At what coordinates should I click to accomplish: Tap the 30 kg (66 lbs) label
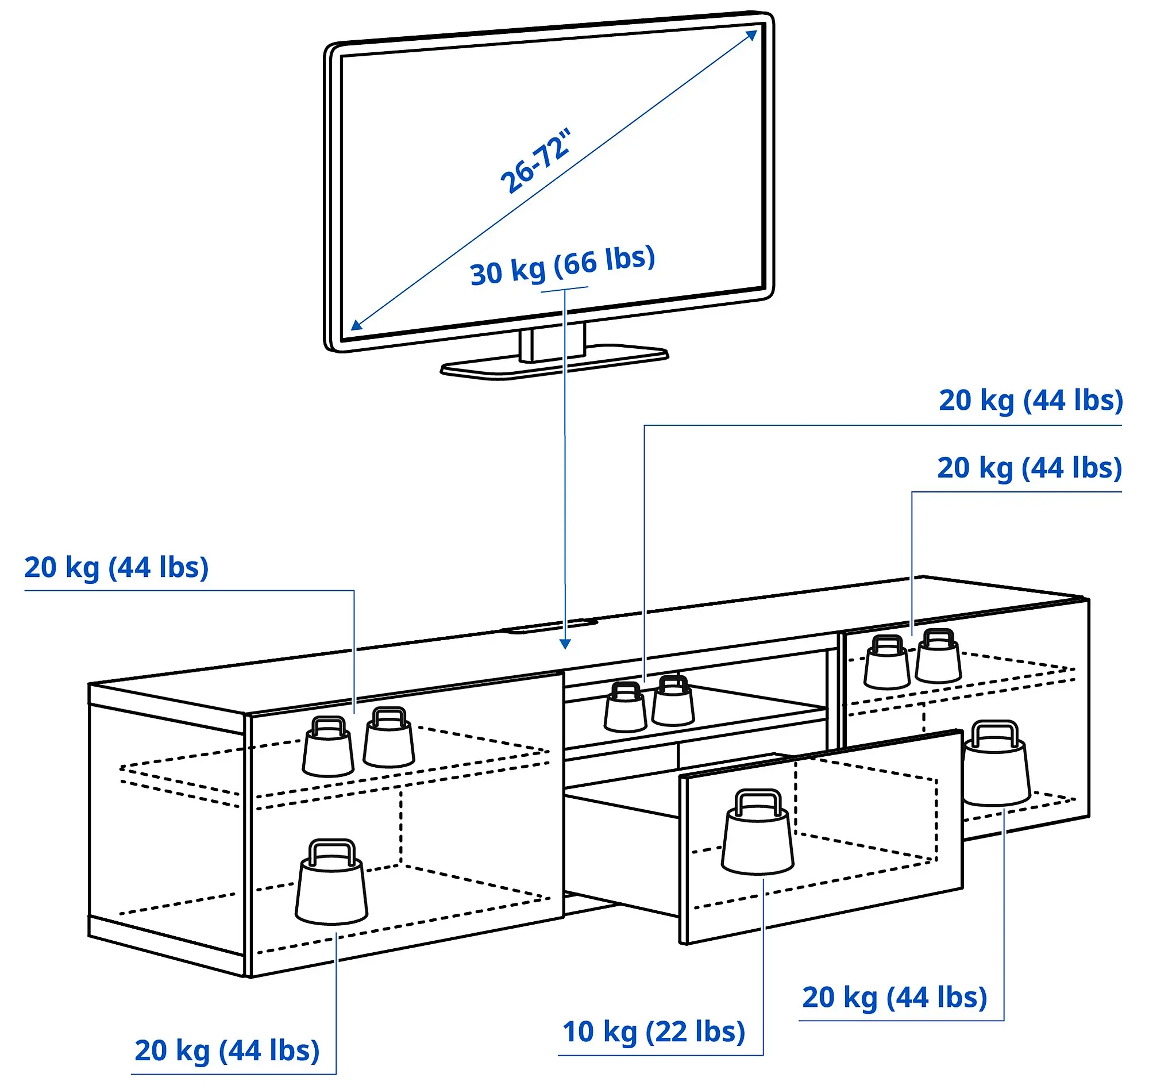(562, 267)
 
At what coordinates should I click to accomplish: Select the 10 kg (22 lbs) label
(653, 1032)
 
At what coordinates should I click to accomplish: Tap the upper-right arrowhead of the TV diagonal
(752, 35)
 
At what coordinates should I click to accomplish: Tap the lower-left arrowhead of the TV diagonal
(356, 325)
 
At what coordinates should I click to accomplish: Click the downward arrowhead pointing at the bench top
(565, 644)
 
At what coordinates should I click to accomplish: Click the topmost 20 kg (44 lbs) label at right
(1031, 401)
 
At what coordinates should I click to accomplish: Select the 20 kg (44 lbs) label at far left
(116, 568)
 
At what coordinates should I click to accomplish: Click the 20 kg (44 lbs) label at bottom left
(227, 1050)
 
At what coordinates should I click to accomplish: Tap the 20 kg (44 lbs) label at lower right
(894, 997)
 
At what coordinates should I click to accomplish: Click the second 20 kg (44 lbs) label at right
(1029, 468)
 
